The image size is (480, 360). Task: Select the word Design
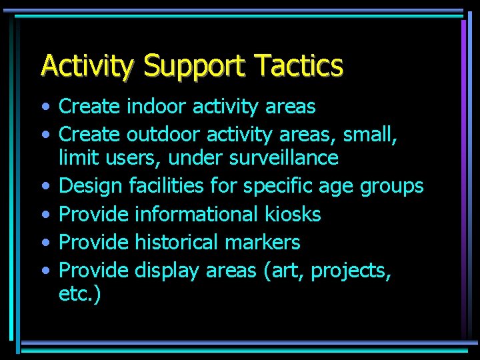coord(89,186)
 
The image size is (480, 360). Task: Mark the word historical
coord(177,242)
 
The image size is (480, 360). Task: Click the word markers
coord(263,242)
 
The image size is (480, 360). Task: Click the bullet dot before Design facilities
coord(44,187)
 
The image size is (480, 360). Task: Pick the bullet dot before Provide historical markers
coord(44,243)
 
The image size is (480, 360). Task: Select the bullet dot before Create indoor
coord(44,107)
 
